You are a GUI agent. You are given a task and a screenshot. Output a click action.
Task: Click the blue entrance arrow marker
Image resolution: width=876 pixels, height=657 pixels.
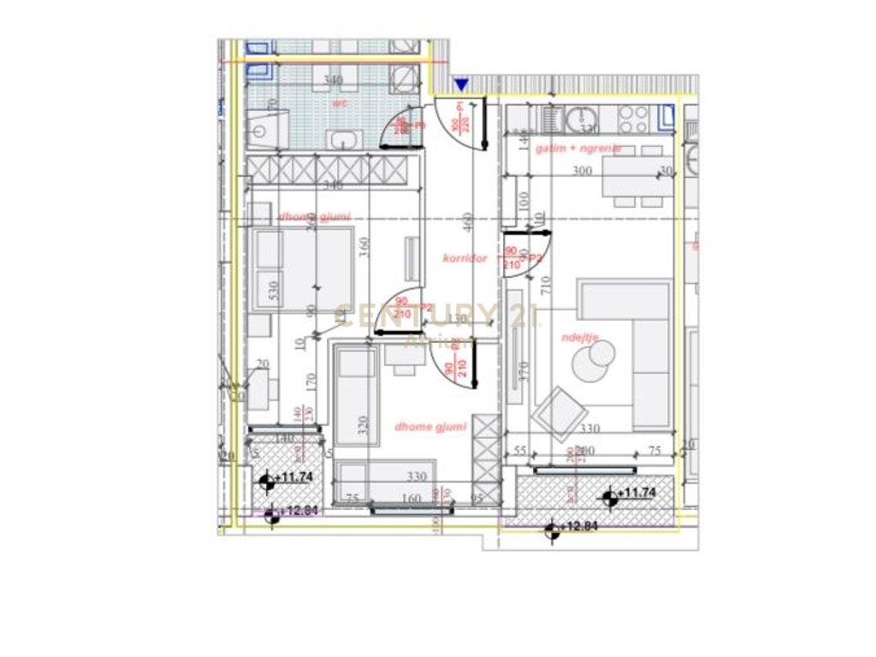click(461, 84)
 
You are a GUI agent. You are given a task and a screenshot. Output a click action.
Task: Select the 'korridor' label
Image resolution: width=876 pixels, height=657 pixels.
click(465, 257)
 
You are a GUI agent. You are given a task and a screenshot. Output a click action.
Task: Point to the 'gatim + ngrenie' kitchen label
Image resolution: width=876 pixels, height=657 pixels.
click(578, 148)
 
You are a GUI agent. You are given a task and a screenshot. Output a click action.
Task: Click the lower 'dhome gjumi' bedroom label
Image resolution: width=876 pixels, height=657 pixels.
click(430, 426)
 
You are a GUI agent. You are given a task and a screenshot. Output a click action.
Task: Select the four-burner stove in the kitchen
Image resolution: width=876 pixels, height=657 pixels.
click(633, 117)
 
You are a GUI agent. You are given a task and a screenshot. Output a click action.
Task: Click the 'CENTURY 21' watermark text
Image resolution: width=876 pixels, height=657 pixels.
click(436, 316)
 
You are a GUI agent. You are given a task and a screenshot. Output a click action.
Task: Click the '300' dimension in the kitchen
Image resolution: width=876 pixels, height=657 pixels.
click(582, 171)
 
